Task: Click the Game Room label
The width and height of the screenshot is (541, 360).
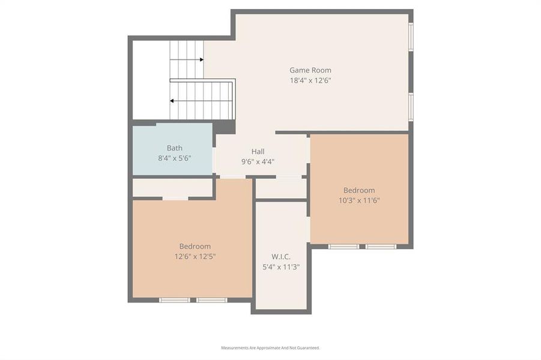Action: tap(310, 70)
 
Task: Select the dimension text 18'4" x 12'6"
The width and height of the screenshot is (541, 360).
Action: tap(310, 80)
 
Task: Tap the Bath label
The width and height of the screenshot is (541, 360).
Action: tap(174, 148)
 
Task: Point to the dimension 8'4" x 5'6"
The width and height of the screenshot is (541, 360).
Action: tap(174, 158)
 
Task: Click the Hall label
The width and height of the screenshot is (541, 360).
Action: tap(258, 152)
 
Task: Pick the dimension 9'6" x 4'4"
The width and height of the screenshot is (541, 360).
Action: tap(258, 161)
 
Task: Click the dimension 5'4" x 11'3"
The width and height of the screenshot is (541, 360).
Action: tap(281, 268)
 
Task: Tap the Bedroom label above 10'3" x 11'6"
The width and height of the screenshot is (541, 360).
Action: tap(359, 191)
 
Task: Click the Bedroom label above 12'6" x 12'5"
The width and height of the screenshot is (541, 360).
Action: tap(195, 247)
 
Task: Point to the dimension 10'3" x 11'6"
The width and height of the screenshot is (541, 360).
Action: tap(359, 200)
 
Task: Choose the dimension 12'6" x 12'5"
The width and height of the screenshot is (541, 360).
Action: tap(195, 256)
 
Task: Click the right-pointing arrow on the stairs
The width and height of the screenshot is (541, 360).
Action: tap(201, 59)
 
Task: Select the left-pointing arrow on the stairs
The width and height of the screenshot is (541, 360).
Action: tap(172, 101)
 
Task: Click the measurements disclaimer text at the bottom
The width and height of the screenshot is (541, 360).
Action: tap(270, 348)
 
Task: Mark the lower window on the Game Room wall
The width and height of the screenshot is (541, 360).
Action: tap(411, 106)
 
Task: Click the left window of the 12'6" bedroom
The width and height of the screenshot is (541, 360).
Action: tap(175, 300)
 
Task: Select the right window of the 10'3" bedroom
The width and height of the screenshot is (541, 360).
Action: tap(381, 247)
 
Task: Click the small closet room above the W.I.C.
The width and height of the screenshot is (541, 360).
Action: tap(281, 188)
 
